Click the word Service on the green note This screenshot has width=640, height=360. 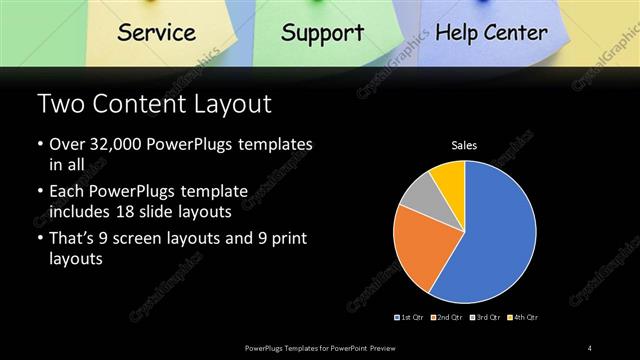point(156,32)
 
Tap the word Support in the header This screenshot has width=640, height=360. point(322,32)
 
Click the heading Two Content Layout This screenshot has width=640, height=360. point(153,104)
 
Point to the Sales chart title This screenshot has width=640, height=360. point(464,146)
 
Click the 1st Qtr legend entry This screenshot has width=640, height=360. point(411,317)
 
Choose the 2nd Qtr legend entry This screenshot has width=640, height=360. point(446,317)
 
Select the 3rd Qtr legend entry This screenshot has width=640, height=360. point(484,317)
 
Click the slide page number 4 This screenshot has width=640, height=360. point(590,348)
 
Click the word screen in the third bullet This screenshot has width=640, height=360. point(146,238)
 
